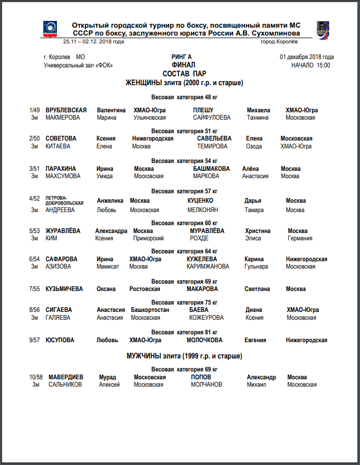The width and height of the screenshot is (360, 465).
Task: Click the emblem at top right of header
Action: pyautogui.click(x=322, y=29)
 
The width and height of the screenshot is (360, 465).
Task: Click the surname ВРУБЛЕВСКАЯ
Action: pyautogui.click(x=66, y=110)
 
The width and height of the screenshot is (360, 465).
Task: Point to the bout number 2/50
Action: pyautogui.click(x=34, y=138)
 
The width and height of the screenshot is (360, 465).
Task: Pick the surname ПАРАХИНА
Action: pyautogui.click(x=61, y=169)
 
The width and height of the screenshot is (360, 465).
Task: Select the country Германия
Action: pyautogui.click(x=300, y=238)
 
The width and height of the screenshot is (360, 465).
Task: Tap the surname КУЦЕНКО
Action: pyautogui.click(x=200, y=201)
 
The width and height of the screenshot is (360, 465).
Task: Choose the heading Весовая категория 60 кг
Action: pyautogui.click(x=184, y=223)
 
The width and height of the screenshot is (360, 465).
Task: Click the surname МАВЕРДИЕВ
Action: pyautogui.click(x=66, y=377)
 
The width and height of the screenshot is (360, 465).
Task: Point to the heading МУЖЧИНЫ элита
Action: pyautogui.click(x=184, y=356)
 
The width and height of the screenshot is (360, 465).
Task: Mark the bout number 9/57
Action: pyautogui.click(x=34, y=340)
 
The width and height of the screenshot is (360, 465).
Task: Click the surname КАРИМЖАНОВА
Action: pyautogui.click(x=207, y=266)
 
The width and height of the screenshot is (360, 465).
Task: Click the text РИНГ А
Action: pyautogui.click(x=182, y=57)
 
